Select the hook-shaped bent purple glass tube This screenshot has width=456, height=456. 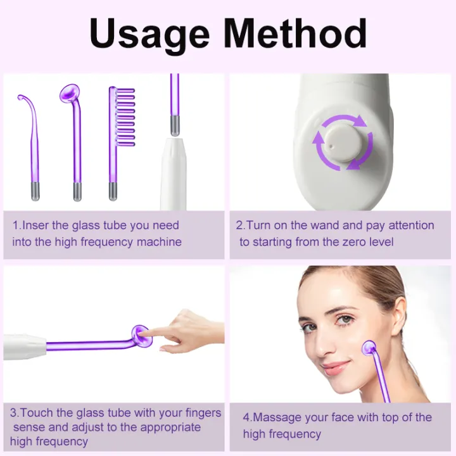coord(32,139)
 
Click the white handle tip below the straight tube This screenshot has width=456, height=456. coord(173,171)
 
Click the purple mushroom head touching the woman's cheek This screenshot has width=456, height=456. coord(368,347)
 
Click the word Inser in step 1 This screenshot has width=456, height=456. coord(38,225)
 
